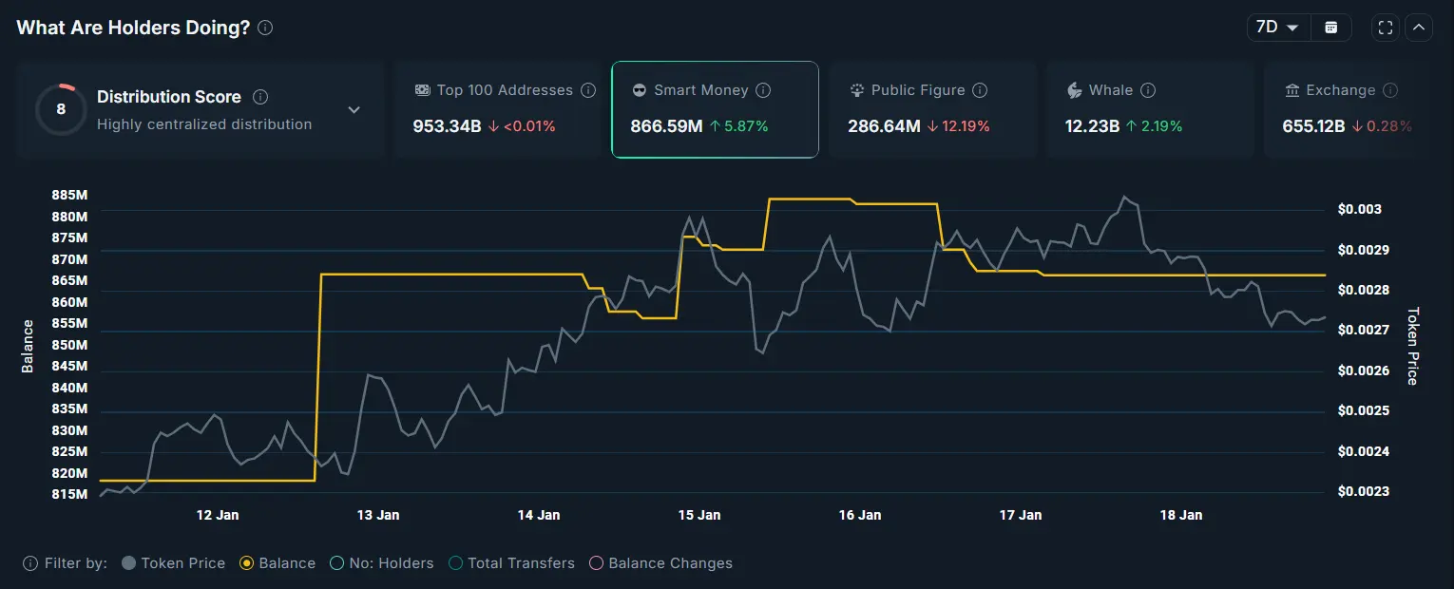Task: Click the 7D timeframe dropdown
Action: [1277, 28]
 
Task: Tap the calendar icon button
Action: [1331, 28]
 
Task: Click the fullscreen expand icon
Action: [1385, 28]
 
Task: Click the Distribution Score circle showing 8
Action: [61, 109]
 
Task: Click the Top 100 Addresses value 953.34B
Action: [447, 126]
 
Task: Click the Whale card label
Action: [1110, 90]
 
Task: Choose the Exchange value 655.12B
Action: [1313, 126]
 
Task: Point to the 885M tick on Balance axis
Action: [69, 195]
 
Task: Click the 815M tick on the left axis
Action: [69, 494]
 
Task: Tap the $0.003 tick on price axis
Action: [1359, 210]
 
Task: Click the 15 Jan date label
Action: [698, 515]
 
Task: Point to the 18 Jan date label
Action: [1181, 515]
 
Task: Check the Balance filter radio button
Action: [247, 563]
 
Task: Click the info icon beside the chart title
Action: [265, 28]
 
